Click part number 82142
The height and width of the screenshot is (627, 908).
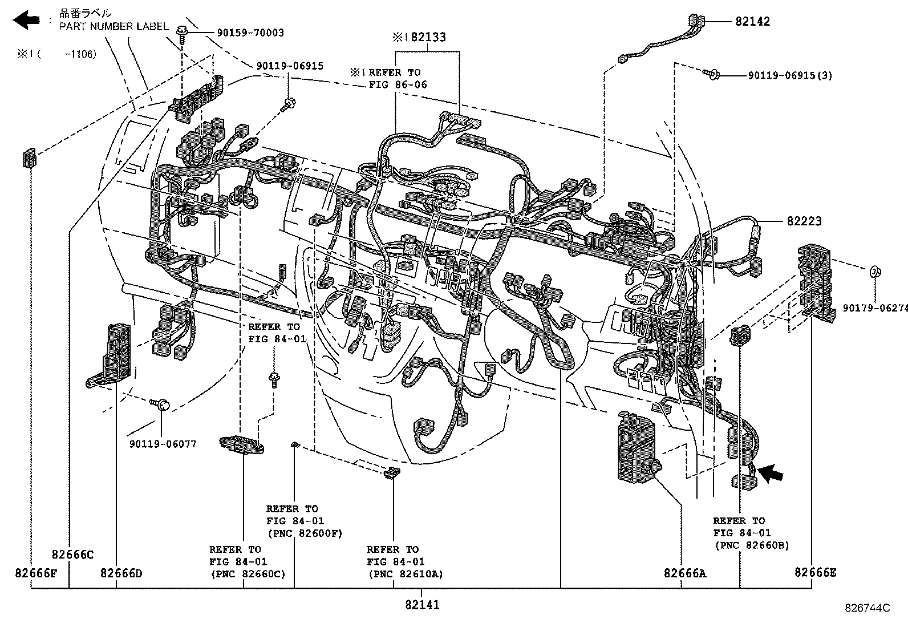pos(752,22)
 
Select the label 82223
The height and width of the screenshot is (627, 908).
pos(804,221)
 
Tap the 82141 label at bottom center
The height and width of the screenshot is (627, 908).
pos(422,605)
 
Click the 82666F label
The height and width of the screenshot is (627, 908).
pos(36,573)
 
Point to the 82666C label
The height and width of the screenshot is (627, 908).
pos(72,555)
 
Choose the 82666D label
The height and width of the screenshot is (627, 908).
pos(121,573)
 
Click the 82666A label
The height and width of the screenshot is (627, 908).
pos(684,573)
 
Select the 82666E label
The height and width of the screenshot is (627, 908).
pos(815,572)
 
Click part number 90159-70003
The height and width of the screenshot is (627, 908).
pos(250,33)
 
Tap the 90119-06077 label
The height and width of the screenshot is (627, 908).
pos(163,444)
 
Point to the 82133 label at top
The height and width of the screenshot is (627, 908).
pos(428,37)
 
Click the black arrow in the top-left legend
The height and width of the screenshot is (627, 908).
pos(26,21)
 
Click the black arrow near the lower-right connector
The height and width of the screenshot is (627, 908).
pos(771,473)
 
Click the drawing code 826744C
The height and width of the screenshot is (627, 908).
pos(867,608)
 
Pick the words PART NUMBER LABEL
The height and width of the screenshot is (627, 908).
pos(114,27)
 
